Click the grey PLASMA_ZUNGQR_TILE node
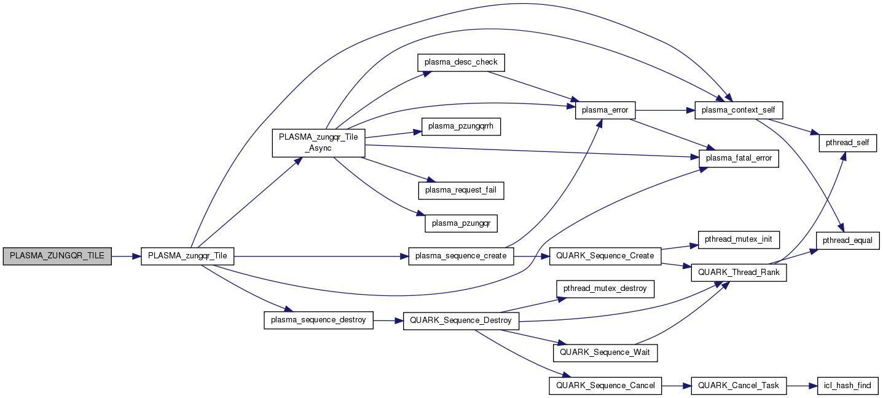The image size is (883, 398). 57,257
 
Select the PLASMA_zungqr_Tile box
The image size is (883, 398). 187,257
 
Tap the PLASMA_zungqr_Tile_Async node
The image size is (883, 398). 319,143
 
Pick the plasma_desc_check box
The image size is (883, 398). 461,63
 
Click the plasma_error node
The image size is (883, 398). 605,110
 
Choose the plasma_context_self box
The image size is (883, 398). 739,110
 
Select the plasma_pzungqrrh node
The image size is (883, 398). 461,127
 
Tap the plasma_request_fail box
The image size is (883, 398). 461,190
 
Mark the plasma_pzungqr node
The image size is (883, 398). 461,223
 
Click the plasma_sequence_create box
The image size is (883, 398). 461,257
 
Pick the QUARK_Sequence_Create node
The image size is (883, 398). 605,257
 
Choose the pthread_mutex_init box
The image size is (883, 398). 739,239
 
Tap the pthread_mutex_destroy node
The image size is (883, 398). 605,289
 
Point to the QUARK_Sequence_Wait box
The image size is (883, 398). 605,353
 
